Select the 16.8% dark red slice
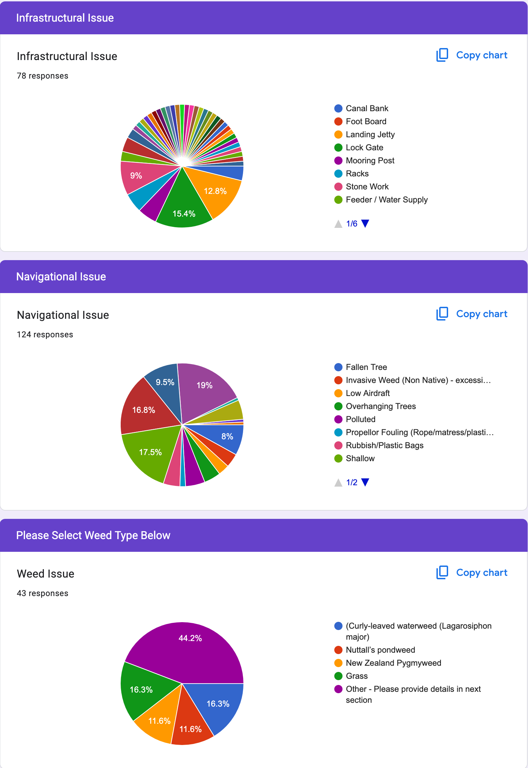[144, 412]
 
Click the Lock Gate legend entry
[364, 148]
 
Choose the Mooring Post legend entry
[370, 161]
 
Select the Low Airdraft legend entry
[368, 393]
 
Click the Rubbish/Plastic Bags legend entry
[384, 445]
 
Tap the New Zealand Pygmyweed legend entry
[393, 663]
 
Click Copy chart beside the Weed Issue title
[472, 572]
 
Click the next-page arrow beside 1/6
[365, 224]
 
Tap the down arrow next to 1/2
[365, 482]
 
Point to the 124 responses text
[45, 335]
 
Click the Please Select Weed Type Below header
[93, 535]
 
